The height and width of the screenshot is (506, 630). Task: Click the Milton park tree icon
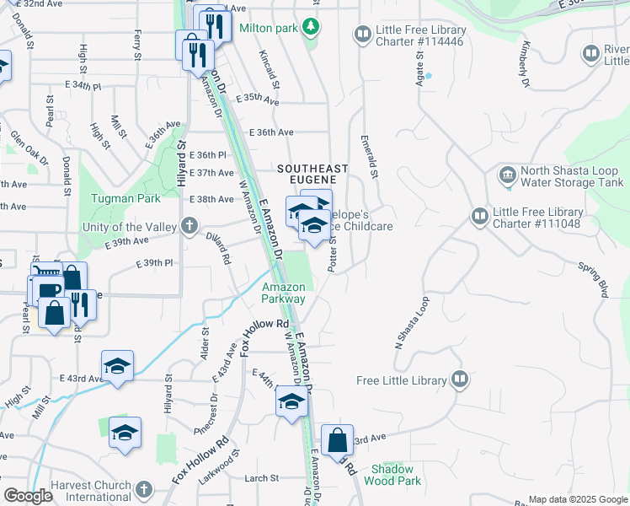312,28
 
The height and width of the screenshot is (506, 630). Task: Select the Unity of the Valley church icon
190,226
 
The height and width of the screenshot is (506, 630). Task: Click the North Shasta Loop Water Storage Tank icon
508,175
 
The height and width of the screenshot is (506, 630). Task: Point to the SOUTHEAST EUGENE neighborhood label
307,174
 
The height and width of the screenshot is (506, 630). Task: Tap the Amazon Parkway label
283,293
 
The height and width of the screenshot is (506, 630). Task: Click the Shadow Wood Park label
392,475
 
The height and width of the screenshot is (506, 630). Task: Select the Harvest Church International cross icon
144,489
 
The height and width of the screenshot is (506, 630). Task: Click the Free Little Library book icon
459,379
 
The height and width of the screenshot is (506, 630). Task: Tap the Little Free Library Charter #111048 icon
479,218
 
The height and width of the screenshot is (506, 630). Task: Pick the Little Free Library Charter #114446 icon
363,34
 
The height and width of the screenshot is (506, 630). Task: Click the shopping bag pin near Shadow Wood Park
337,441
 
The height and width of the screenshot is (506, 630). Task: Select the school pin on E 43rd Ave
117,367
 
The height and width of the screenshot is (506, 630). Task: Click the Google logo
27,497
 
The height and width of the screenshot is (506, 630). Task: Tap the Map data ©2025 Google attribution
577,499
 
